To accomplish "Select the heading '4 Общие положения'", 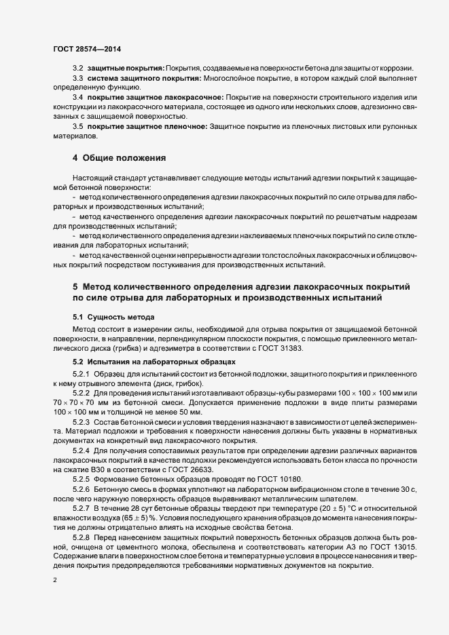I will click(x=120, y=159).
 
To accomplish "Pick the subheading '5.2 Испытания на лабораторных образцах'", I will click(x=155, y=362).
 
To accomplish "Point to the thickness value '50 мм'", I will click(x=190, y=412).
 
